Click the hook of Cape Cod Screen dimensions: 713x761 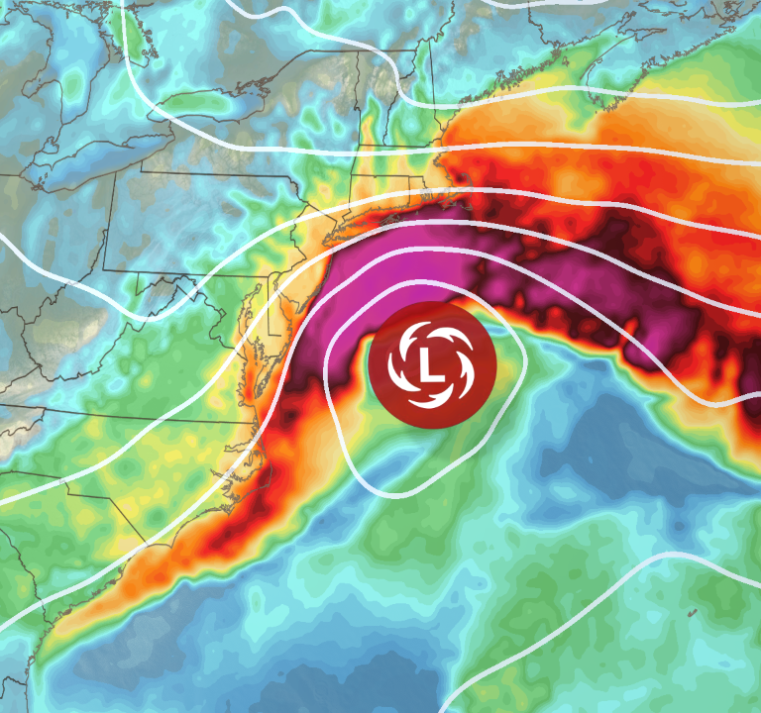(458, 176)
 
